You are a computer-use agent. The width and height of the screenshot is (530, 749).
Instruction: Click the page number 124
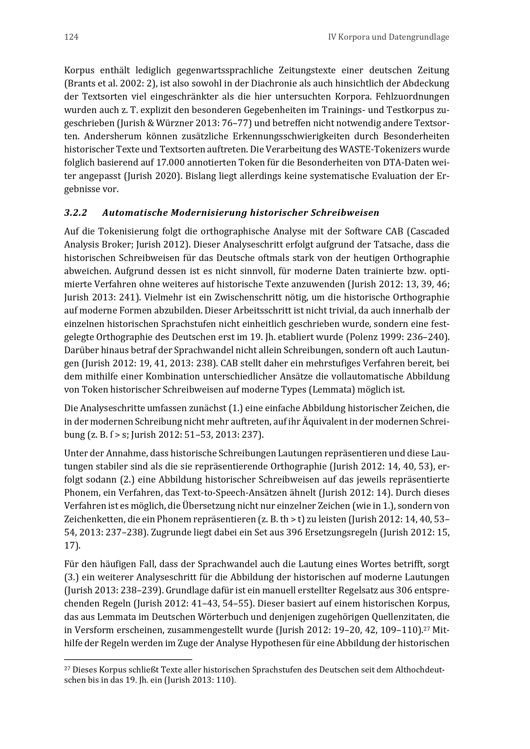pyautogui.click(x=71, y=37)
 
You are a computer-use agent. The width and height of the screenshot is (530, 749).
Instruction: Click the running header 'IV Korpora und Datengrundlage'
pyautogui.click(x=388, y=37)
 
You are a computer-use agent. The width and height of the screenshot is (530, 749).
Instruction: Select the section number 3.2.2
pyautogui.click(x=76, y=213)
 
